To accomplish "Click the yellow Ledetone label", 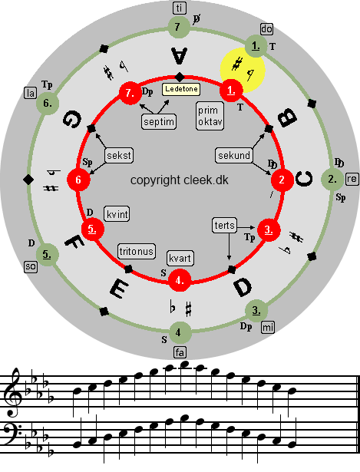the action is [x=181, y=89].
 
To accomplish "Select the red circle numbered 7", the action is [x=130, y=93].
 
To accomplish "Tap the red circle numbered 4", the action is [x=180, y=280].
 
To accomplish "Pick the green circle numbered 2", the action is [x=332, y=179].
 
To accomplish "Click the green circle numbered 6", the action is [x=48, y=104].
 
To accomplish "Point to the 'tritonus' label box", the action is [x=137, y=252].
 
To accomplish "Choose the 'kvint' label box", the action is [x=117, y=214].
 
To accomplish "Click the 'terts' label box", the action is [x=225, y=225].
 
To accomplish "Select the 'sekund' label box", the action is [x=234, y=155].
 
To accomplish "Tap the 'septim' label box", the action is [x=159, y=121].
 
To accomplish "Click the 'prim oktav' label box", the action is [x=210, y=116].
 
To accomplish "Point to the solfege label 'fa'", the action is [x=180, y=352].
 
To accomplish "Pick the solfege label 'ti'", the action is [x=180, y=8].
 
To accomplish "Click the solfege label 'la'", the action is [x=30, y=94].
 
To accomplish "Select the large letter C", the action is [x=304, y=179].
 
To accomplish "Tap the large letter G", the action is [x=72, y=119].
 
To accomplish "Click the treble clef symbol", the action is [x=13, y=392].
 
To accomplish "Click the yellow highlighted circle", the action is [x=243, y=70].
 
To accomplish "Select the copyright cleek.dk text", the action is [x=180, y=180].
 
